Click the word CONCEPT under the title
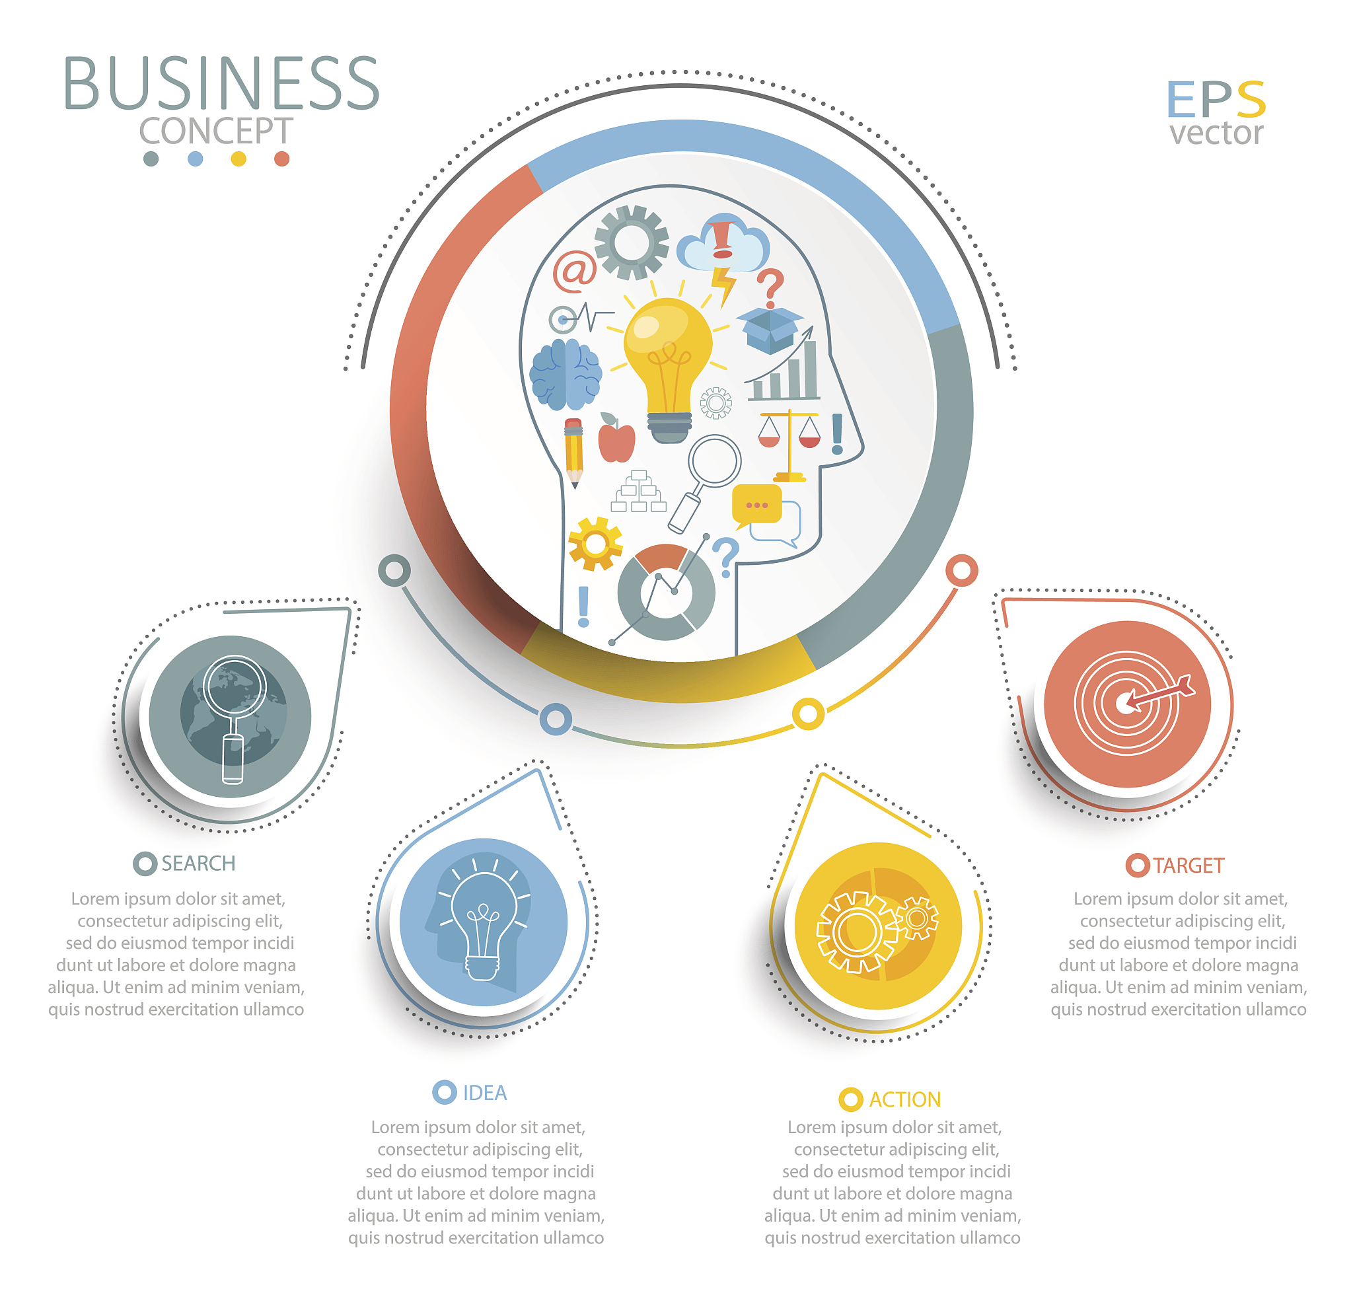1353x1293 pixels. [216, 130]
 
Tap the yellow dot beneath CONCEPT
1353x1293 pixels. [238, 159]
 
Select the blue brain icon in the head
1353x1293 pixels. [566, 374]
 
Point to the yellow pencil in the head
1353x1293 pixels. [573, 452]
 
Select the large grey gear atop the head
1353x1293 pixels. [631, 242]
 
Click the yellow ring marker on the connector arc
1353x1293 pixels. [807, 714]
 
